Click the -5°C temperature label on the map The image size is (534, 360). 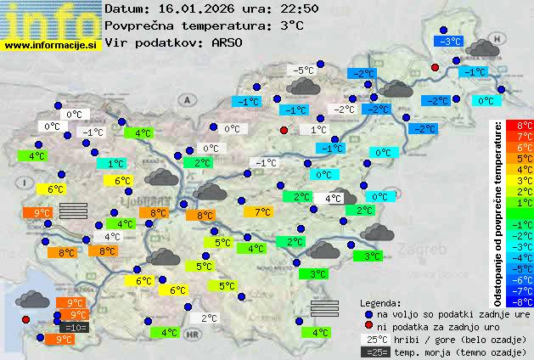click(301, 70)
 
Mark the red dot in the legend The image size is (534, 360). click(368, 327)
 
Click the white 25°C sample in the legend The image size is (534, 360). click(374, 339)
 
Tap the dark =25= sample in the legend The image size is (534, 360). click(374, 352)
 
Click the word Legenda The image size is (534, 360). click(381, 302)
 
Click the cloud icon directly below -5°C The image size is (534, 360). click(303, 86)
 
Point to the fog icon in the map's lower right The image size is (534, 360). click(324, 307)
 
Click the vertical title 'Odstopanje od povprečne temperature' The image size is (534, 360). click(499, 213)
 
